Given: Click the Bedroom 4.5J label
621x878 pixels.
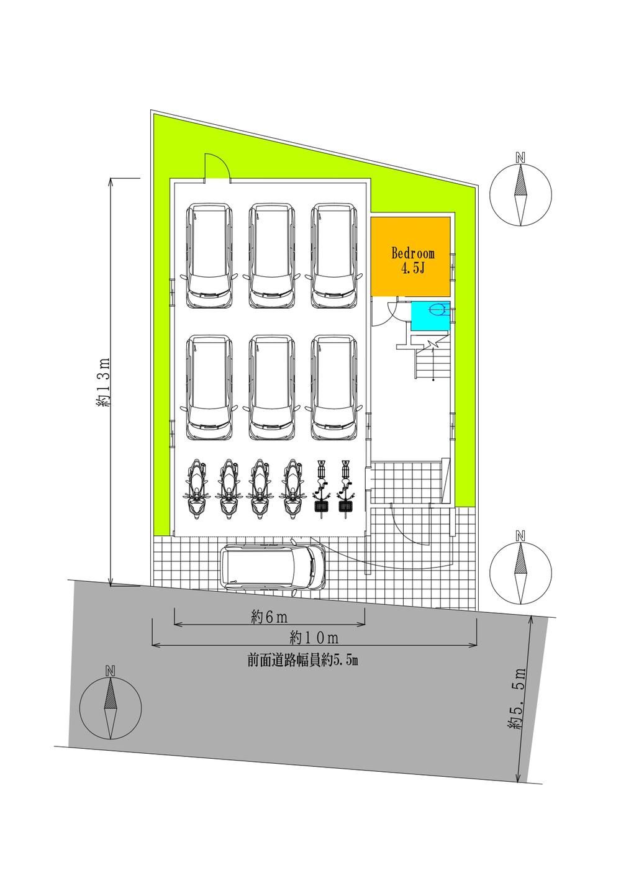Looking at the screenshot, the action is (x=413, y=260).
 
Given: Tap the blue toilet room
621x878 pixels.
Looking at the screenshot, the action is (x=430, y=316).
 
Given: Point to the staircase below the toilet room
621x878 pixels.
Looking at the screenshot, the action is (x=432, y=358).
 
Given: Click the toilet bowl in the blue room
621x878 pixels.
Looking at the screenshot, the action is (x=438, y=310).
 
